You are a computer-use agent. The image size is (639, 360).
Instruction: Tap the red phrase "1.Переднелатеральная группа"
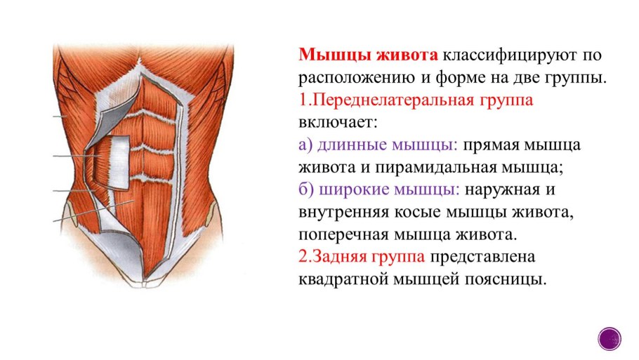click(416, 100)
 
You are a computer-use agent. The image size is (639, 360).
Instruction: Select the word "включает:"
click(338, 122)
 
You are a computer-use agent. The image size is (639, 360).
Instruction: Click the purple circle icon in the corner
click(610, 338)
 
